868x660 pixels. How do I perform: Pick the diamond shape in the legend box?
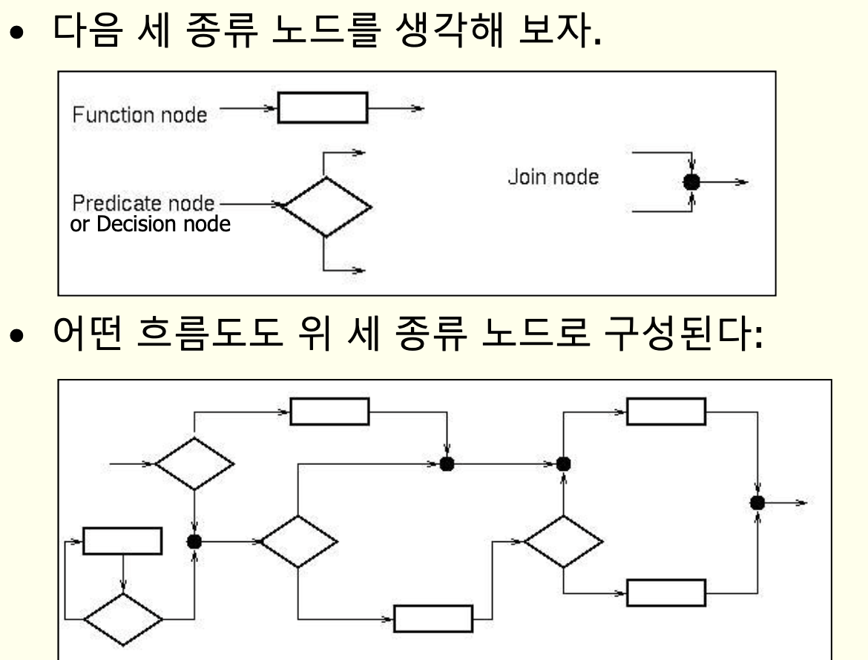[326, 206]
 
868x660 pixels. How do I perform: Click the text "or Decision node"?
[150, 223]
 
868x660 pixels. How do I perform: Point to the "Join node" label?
[553, 178]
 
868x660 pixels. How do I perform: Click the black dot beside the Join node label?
[691, 181]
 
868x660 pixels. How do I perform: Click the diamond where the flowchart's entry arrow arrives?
[194, 463]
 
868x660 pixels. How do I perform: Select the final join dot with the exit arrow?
[757, 502]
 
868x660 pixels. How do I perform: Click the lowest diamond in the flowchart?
[122, 618]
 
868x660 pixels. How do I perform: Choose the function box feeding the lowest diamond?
[122, 541]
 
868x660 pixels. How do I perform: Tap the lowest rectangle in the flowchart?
[433, 618]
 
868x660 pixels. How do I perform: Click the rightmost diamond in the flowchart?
[563, 541]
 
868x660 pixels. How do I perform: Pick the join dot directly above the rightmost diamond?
[563, 463]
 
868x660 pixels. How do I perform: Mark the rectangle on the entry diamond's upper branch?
[329, 412]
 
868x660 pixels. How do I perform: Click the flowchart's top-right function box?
[665, 412]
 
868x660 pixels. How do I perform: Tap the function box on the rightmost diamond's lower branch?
[665, 593]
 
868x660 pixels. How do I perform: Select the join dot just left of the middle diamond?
[194, 541]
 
